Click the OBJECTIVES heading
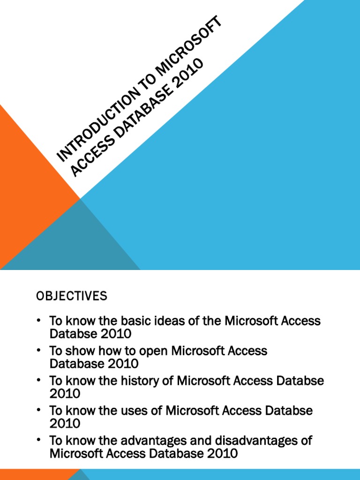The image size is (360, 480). pos(71,296)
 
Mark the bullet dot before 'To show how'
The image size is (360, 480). pos(38,351)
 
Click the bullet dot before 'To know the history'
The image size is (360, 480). pos(38,381)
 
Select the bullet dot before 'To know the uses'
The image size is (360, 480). pos(38,411)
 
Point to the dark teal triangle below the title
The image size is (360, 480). pos(80,244)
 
